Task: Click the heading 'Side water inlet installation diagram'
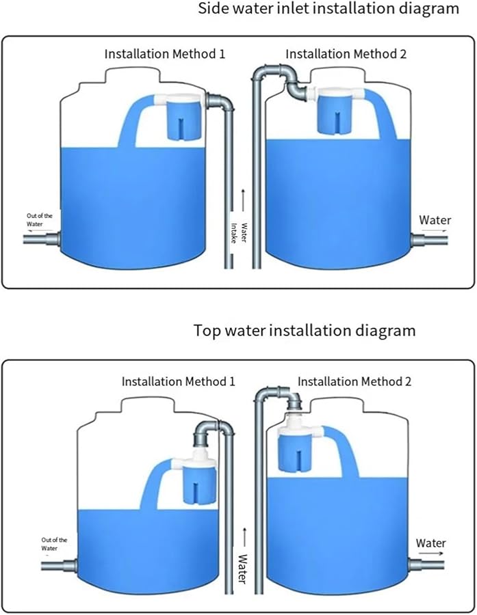(328, 9)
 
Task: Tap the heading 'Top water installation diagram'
(305, 331)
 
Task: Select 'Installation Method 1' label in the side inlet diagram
(164, 53)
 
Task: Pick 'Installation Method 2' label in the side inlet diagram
(346, 53)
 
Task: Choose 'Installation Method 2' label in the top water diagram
(354, 381)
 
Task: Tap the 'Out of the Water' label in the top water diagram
(54, 544)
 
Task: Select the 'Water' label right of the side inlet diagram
(435, 220)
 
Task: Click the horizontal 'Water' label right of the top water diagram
(431, 543)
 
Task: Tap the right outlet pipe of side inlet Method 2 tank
(429, 241)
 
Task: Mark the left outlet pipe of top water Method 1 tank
(57, 566)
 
